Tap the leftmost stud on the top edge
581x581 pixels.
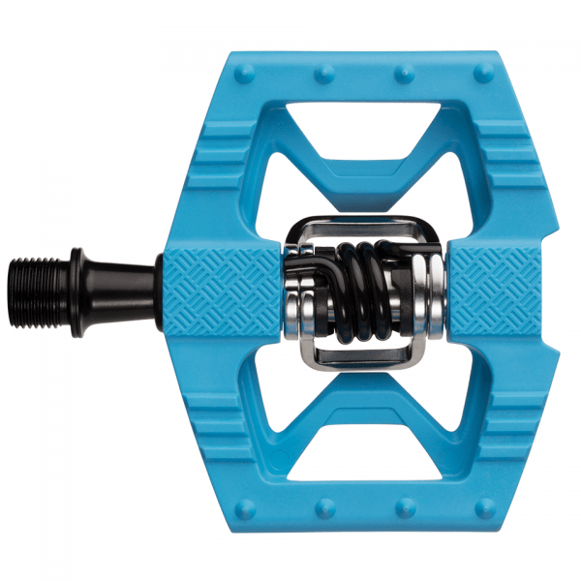(x=243, y=70)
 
